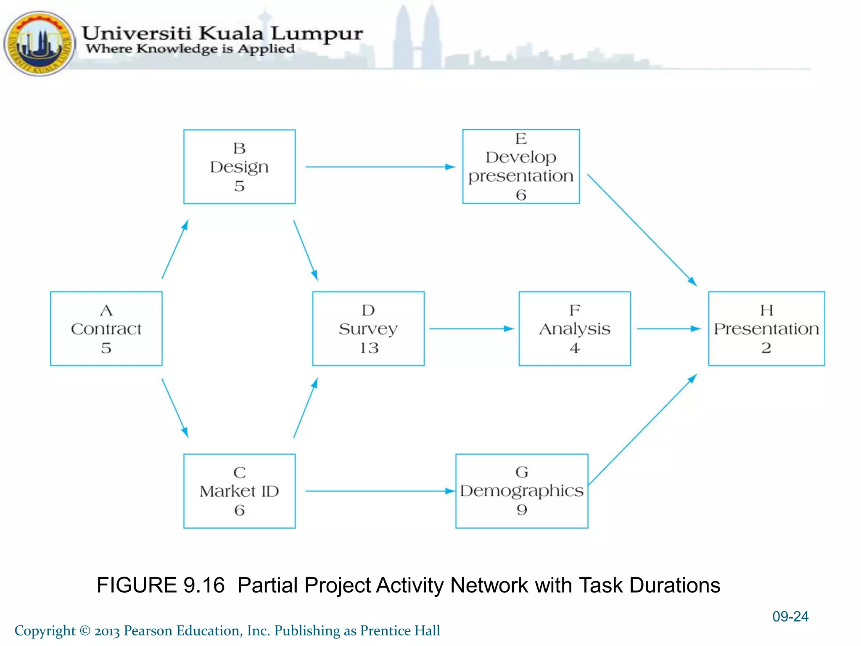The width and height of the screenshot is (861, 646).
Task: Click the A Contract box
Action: click(x=106, y=328)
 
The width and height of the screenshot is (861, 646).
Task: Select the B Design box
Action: click(x=239, y=167)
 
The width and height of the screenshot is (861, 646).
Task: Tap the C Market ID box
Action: click(x=239, y=490)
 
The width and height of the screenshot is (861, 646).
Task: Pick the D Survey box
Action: click(x=368, y=328)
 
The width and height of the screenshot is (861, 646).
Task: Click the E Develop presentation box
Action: click(x=521, y=166)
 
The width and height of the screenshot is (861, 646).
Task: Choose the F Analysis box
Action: click(x=575, y=328)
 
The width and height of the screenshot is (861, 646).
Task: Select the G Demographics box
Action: click(x=522, y=490)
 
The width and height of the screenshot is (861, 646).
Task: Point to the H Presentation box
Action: click(x=766, y=328)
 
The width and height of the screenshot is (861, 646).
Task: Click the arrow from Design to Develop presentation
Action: click(x=380, y=167)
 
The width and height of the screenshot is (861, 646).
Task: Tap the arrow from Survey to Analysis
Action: click(x=471, y=328)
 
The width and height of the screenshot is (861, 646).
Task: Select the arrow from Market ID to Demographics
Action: click(x=380, y=491)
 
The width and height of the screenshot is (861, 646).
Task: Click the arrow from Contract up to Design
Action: click(x=175, y=249)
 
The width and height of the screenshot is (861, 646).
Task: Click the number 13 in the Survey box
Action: click(x=369, y=348)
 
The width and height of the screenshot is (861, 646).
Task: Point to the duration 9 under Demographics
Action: click(x=522, y=510)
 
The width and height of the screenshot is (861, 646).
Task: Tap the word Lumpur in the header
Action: click(x=317, y=34)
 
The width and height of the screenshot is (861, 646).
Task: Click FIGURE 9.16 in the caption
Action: click(x=161, y=585)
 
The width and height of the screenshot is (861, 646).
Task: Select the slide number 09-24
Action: click(x=790, y=616)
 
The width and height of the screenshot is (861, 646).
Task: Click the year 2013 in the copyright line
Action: click(x=107, y=631)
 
